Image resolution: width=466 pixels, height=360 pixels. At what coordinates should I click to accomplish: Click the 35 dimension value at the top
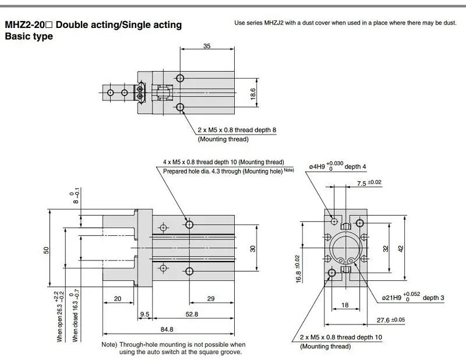(207, 46)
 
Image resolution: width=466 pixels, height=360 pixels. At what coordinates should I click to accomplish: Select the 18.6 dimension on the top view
(253, 94)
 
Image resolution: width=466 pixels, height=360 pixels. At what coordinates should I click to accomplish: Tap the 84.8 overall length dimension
(167, 329)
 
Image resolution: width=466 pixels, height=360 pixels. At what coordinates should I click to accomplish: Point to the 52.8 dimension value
(192, 314)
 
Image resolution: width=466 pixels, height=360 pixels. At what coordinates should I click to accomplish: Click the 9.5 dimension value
(144, 314)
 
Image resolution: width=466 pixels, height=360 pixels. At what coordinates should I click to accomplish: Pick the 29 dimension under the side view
(211, 298)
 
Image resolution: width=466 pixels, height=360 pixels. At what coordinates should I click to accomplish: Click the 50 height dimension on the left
(46, 250)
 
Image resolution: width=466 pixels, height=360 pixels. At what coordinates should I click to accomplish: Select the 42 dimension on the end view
(401, 249)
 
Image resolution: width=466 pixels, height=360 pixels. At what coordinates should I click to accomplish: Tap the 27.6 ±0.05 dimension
(391, 320)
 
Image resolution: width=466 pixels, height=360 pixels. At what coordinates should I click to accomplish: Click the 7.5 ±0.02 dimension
(369, 182)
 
